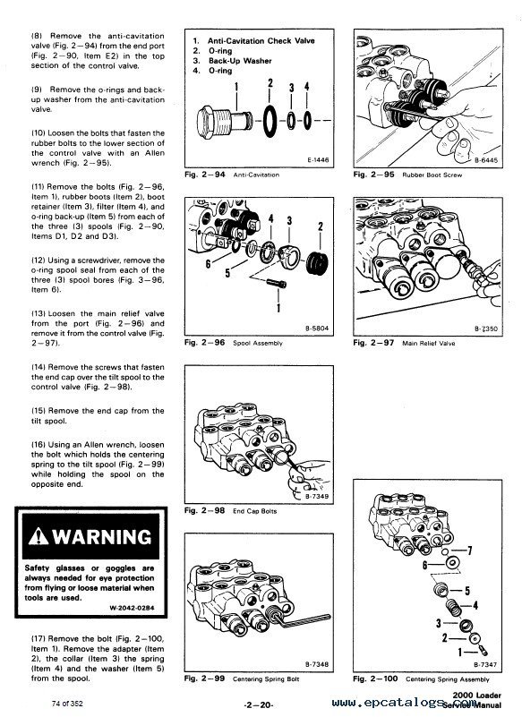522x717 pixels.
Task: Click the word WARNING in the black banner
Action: click(101, 536)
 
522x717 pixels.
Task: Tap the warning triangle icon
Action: click(39, 536)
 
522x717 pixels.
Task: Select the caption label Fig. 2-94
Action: click(204, 175)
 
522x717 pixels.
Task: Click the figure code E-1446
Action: click(318, 160)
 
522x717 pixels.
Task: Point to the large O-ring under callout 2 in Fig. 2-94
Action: click(270, 121)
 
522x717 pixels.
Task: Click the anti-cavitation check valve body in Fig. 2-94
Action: click(225, 122)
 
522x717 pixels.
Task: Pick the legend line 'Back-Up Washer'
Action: click(240, 61)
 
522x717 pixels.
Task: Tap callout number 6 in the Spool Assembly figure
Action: click(208, 264)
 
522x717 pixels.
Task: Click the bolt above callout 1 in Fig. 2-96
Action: click(277, 284)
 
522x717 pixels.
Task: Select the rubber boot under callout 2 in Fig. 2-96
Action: click(317, 262)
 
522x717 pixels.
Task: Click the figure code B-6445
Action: click(486, 160)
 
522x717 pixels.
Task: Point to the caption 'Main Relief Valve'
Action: click(429, 343)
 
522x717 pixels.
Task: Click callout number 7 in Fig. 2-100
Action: click(469, 551)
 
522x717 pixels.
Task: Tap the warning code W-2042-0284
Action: click(132, 608)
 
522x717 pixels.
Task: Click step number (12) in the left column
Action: click(38, 260)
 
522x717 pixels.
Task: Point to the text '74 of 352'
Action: click(67, 704)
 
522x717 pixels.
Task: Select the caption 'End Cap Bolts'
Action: click(255, 511)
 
